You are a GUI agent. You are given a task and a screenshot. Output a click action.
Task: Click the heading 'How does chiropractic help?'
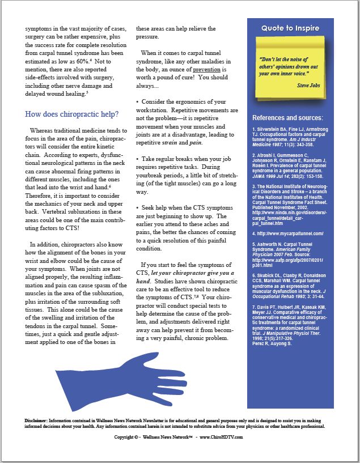click(71, 113)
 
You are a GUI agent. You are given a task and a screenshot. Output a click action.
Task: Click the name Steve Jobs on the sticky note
click(309, 85)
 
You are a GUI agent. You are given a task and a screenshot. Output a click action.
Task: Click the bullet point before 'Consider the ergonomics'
click(137, 101)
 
